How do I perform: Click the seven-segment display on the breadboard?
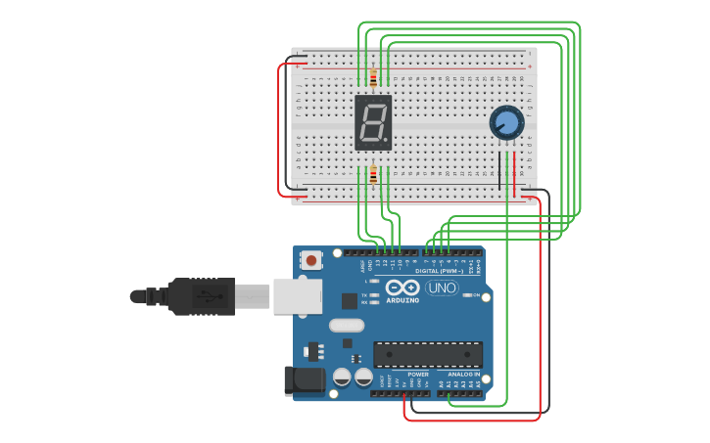click(373, 122)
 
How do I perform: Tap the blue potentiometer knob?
click(506, 122)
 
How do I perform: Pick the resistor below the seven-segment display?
click(373, 176)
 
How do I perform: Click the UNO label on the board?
click(442, 288)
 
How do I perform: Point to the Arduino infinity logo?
click(402, 288)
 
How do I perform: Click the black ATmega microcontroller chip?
click(427, 354)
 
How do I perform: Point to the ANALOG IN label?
click(463, 375)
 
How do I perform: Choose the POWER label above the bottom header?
click(418, 375)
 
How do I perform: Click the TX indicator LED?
click(374, 294)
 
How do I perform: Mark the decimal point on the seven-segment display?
click(389, 143)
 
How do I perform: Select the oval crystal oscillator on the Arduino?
click(347, 326)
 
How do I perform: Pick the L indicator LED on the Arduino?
click(374, 282)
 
